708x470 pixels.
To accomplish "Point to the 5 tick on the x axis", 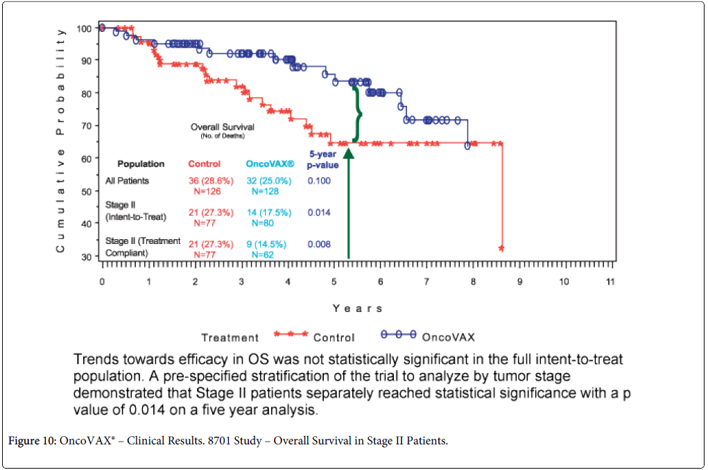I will coord(333,282).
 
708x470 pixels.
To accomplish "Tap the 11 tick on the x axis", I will coord(610,282).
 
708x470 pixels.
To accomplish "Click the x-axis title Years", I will coord(357,308).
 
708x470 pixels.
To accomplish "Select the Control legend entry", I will coord(334,338).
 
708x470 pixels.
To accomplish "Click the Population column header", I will coord(141,164).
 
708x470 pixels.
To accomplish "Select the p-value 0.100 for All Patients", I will coord(319,181).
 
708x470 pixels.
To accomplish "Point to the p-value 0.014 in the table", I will coord(319,212).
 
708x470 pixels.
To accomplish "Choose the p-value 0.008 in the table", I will coord(319,244).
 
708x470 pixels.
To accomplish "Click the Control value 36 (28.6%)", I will coord(211,181).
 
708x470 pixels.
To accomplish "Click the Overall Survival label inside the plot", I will coord(223,127).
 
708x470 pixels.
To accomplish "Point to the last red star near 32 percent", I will coord(501,248).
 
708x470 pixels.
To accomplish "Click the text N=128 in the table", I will coord(265,191).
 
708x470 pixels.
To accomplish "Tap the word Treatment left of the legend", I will coord(230,338).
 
